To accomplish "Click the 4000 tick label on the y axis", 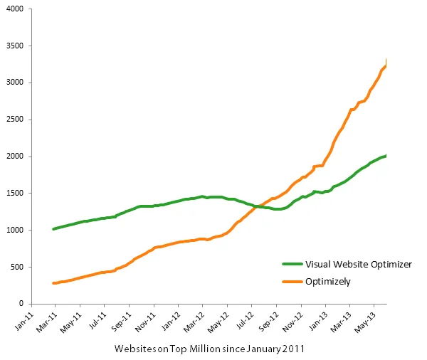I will click(14, 9).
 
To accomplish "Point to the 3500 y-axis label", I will click(14, 46).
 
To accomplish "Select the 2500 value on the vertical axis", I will click(14, 120).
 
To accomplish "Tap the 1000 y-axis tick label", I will click(14, 231).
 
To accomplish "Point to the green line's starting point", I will click(54, 229).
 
